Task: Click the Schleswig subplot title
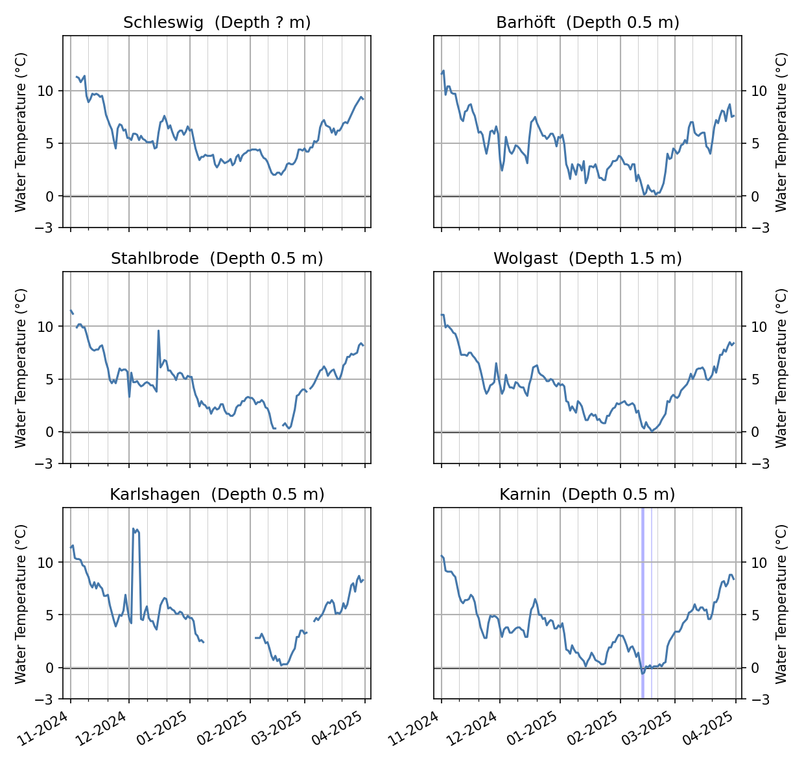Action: (x=217, y=23)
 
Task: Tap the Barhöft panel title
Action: (x=587, y=23)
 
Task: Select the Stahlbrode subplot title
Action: (x=217, y=259)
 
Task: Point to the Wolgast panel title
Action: (x=587, y=259)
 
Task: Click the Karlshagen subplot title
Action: (x=217, y=495)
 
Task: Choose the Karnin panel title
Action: (x=587, y=495)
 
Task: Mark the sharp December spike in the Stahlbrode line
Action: (x=158, y=331)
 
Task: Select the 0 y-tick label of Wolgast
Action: (x=754, y=432)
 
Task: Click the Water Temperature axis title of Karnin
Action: (x=781, y=604)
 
